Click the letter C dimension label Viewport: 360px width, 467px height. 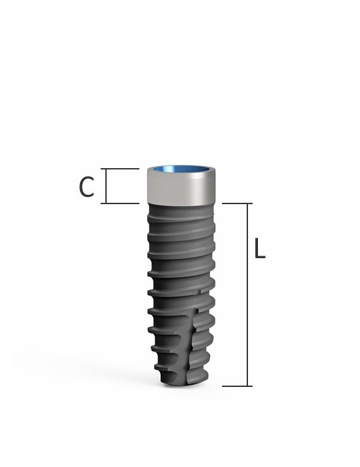coord(86,187)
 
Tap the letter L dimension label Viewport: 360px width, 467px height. coord(260,248)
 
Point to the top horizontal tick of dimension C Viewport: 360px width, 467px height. coord(121,169)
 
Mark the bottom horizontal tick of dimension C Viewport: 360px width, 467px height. coord(121,203)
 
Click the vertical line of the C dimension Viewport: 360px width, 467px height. coord(106,186)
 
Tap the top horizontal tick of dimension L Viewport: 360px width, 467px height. coord(237,203)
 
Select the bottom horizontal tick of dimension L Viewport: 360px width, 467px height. coord(237,386)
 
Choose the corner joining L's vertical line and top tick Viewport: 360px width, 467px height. coord(249,203)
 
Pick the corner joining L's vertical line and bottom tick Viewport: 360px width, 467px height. coord(249,386)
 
